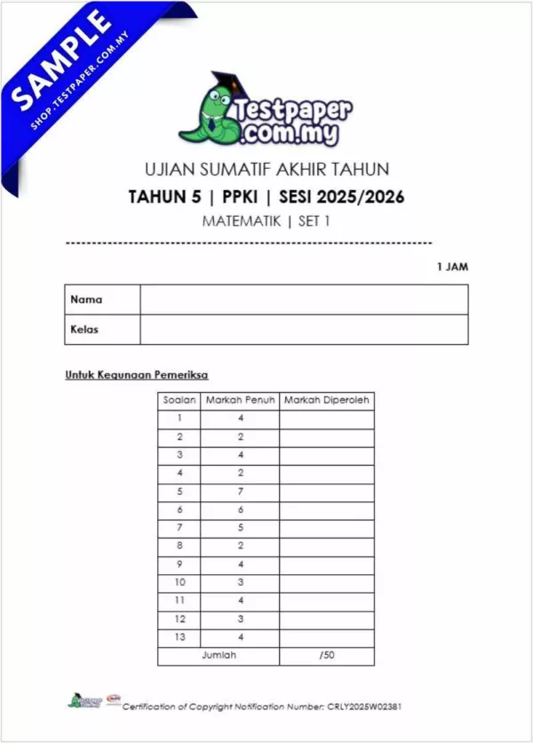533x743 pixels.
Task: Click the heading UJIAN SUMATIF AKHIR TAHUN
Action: [266, 169]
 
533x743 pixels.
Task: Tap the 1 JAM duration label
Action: [452, 267]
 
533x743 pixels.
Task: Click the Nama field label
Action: [86, 300]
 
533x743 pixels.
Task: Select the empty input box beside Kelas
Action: [304, 329]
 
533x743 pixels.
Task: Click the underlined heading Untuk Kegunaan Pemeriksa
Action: [137, 375]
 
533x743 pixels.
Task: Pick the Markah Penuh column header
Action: [240, 401]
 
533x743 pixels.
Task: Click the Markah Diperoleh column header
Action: [326, 401]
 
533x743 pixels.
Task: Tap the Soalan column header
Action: [179, 401]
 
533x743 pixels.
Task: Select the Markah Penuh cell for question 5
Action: [240, 491]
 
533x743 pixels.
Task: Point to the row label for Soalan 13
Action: [179, 636]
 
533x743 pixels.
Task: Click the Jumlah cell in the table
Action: [219, 655]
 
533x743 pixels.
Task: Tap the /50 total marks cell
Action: [326, 655]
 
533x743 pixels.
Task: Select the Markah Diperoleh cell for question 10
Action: [326, 582]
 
